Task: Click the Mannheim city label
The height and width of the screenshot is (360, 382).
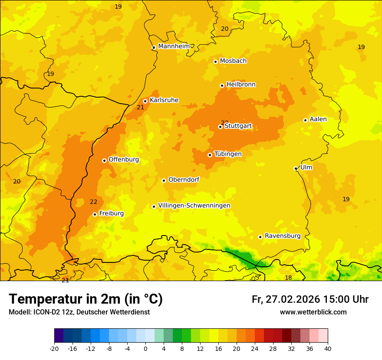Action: point(174,46)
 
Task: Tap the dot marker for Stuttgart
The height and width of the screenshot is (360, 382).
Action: point(220,127)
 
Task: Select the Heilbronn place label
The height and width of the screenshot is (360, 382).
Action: point(241,84)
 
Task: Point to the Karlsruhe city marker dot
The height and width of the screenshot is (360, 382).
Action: point(145,101)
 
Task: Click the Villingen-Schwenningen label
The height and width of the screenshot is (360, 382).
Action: point(194,205)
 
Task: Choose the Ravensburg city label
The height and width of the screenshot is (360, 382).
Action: point(283,236)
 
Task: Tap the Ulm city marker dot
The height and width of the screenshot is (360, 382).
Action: point(296,168)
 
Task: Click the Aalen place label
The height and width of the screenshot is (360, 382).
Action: point(318,119)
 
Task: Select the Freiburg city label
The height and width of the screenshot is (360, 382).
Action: point(111,213)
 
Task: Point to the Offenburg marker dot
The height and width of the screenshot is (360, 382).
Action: point(104,160)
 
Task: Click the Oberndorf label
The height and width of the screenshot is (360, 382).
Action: point(184,179)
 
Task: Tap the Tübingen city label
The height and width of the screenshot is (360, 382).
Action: point(228,154)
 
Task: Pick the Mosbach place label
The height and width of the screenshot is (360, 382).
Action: point(233,61)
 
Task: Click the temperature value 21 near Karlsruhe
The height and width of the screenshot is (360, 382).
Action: point(140,107)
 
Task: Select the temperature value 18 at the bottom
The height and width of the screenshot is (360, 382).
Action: point(288,278)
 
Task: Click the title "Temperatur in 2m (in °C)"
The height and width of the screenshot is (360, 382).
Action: point(86,299)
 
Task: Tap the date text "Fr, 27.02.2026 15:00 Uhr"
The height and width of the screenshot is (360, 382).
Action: point(310,299)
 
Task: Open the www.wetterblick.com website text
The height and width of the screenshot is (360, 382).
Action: point(313,312)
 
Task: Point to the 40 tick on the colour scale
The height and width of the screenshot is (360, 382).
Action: point(327,348)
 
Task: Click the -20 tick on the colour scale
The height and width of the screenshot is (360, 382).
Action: point(54,348)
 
